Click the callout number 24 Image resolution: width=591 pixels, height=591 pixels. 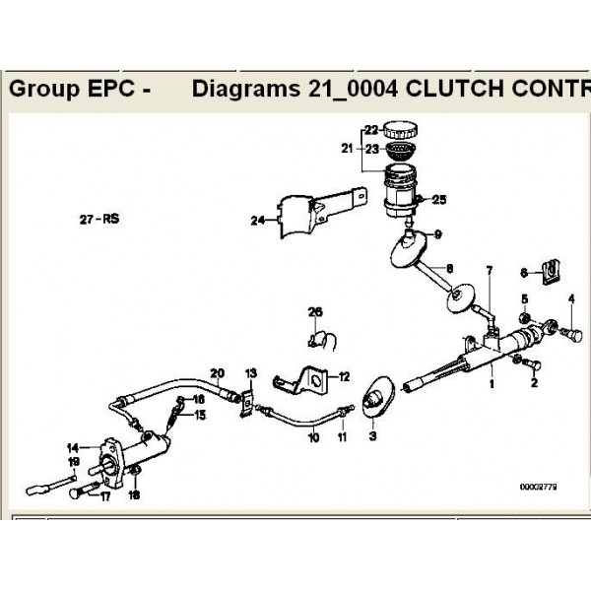coord(258,221)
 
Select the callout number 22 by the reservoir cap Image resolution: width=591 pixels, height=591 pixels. coord(371,130)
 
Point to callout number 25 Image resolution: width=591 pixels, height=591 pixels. coord(439,200)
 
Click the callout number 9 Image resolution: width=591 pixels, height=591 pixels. coord(438,233)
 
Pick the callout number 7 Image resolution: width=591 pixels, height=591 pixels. coord(487,270)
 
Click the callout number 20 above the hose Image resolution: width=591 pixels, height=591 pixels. coord(217,372)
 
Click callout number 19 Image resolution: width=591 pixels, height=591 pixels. coord(73,461)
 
